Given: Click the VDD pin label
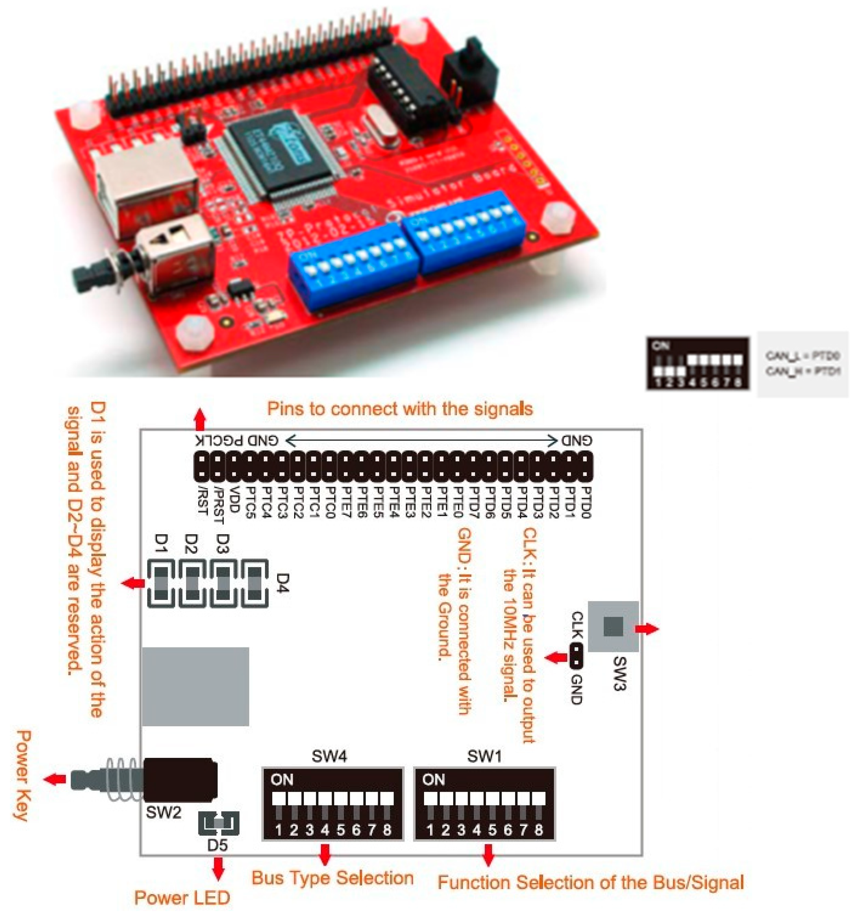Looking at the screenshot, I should point(234,499).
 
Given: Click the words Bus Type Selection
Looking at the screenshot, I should point(332,878).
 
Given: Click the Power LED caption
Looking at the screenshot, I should point(182,898).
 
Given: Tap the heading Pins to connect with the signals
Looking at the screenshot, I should point(400,409).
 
